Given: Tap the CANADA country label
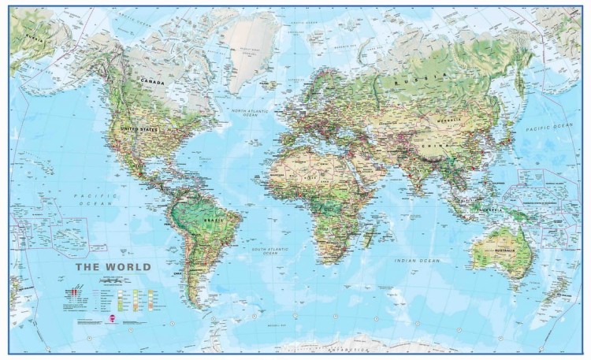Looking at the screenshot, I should coord(152,81).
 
